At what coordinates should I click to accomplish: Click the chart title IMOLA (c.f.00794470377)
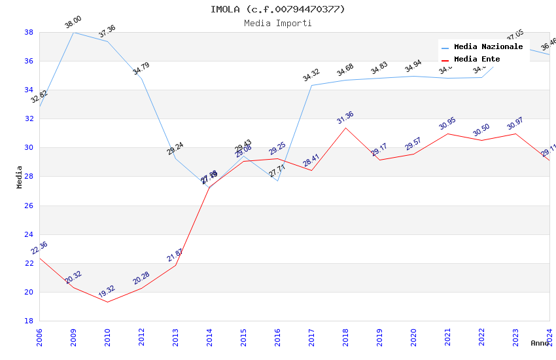click(277, 9)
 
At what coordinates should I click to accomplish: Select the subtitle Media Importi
click(277, 24)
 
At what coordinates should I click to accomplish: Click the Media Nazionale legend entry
click(488, 47)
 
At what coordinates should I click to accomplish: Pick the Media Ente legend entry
click(477, 60)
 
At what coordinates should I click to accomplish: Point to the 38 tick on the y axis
click(29, 32)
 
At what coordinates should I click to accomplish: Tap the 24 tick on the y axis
click(29, 234)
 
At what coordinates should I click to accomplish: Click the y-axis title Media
click(20, 177)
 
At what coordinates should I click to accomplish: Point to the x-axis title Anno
click(540, 343)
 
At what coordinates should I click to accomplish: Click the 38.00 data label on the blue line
click(73, 23)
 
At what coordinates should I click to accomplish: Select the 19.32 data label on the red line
click(107, 293)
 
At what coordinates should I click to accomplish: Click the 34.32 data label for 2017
click(311, 76)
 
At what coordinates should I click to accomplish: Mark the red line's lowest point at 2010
click(107, 302)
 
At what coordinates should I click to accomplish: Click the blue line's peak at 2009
click(73, 32)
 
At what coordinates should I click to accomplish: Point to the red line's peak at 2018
click(345, 128)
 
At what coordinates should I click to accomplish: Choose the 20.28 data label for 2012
click(141, 279)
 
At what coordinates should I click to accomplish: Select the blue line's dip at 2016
click(277, 181)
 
